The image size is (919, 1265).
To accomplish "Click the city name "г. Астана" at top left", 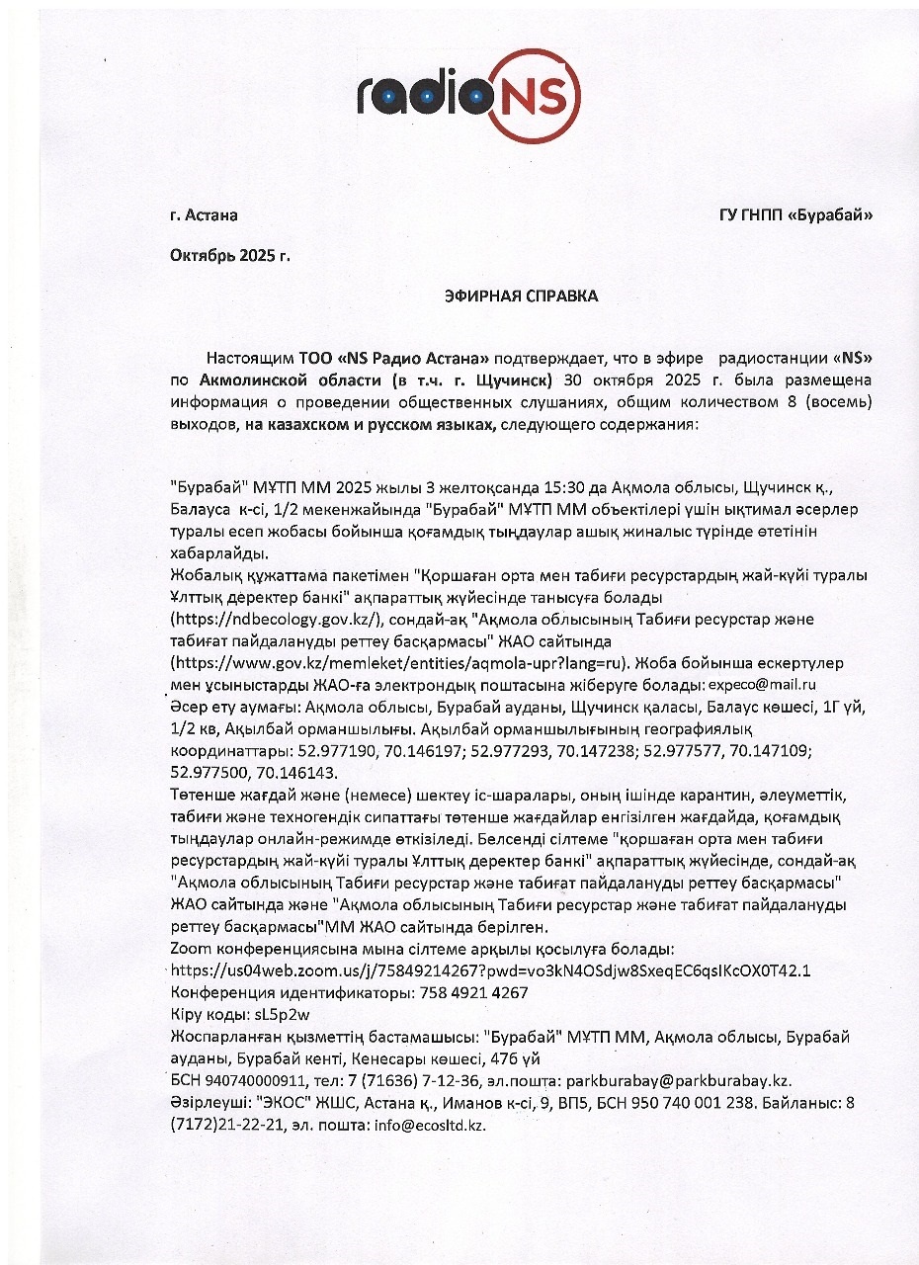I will point(204,215).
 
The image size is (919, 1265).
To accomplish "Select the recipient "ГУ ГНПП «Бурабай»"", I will point(797,215).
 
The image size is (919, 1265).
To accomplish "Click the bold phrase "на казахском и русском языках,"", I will point(376,424).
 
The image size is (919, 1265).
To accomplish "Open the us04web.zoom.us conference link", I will point(492,970).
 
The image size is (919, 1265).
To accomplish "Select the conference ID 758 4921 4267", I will point(461,992).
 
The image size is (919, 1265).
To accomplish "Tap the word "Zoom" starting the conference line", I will point(191,949).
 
